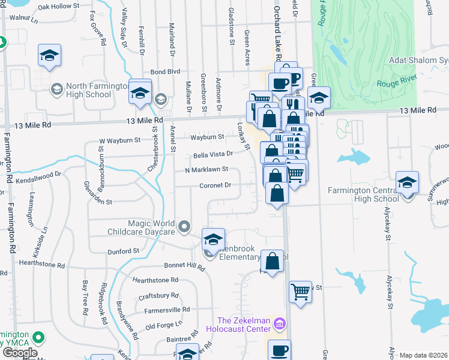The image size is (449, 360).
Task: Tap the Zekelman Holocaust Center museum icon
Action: click(279, 325)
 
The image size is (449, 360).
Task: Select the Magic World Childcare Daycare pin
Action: click(184, 227)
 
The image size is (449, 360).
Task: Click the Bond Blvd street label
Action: click(165, 71)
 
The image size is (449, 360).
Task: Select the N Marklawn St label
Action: click(206, 169)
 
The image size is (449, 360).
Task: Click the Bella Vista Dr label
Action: click(212, 154)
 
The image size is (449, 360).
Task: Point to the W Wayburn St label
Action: click(119, 141)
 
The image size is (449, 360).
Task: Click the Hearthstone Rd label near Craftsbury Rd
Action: click(155, 280)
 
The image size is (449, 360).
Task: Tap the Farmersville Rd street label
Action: click(167, 310)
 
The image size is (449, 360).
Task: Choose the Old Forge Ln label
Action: click(164, 325)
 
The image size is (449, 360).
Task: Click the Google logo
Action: click(20, 352)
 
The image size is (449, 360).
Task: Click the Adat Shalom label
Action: click(418, 61)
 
